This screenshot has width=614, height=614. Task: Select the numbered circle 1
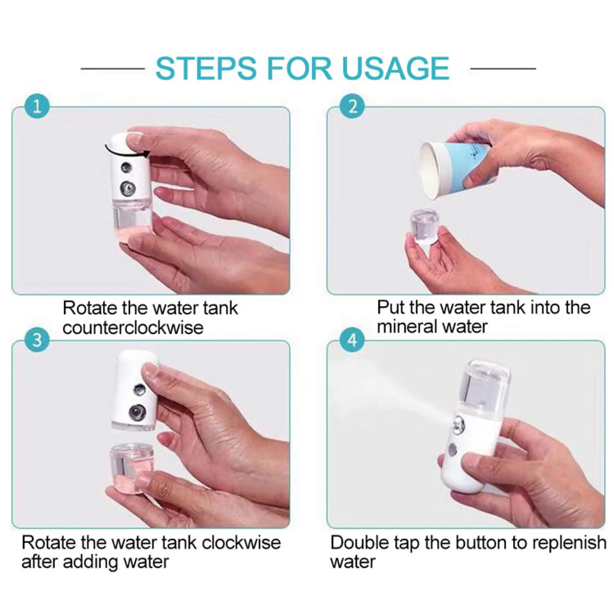(37, 107)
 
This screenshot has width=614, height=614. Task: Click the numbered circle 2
(352, 107)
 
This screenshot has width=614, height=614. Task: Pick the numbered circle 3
(37, 340)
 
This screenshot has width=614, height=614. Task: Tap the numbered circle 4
(352, 340)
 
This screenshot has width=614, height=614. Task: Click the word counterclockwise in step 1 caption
(133, 328)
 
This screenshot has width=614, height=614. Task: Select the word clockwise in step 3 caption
(241, 543)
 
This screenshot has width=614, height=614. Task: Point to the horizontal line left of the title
(113, 68)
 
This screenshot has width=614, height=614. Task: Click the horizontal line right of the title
(503, 68)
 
